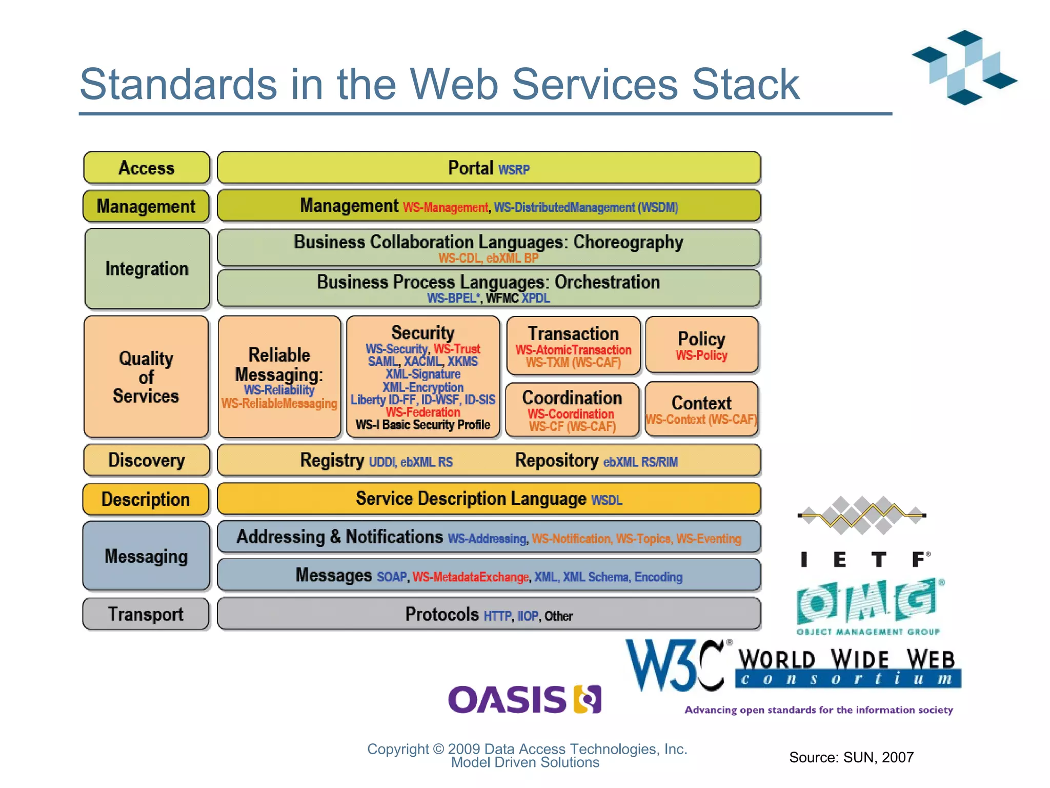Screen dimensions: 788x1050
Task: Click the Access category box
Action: pyautogui.click(x=147, y=168)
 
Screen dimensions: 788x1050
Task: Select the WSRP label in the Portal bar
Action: pyautogui.click(x=514, y=170)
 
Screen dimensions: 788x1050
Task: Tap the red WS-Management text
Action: pyautogui.click(x=445, y=207)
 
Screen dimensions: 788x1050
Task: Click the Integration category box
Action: pyautogui.click(x=147, y=269)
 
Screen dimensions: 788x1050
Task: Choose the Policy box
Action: pyautogui.click(x=701, y=345)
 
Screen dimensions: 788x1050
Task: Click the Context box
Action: pyautogui.click(x=701, y=409)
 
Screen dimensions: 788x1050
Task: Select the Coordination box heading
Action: pyautogui.click(x=572, y=398)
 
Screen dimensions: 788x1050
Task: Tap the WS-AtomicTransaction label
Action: pyautogui.click(x=573, y=350)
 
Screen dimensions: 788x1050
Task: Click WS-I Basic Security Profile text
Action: pyautogui.click(x=423, y=425)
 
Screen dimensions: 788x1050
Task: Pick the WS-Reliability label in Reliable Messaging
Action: pyautogui.click(x=279, y=390)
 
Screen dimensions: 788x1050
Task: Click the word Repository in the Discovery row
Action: pyautogui.click(x=556, y=460)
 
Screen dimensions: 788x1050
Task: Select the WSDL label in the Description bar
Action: pyautogui.click(x=607, y=500)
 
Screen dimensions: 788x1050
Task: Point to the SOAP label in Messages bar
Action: pyautogui.click(x=392, y=577)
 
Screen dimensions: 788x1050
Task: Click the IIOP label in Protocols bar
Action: pyautogui.click(x=528, y=616)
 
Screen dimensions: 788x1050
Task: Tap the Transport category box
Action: pyautogui.click(x=146, y=614)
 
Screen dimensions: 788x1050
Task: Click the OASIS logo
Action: pyautogui.click(x=524, y=700)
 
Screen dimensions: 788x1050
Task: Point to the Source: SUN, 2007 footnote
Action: pyautogui.click(x=851, y=757)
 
